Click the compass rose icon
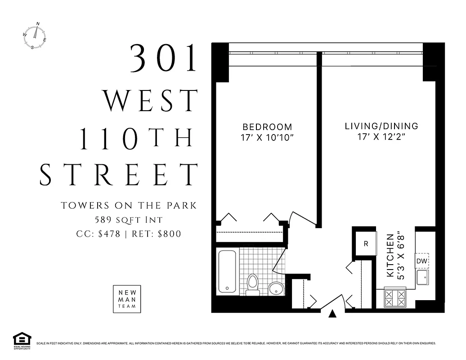(35, 36)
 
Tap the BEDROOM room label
(267, 127)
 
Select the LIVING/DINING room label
(381, 126)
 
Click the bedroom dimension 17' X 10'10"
(267, 137)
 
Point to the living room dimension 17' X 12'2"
(381, 137)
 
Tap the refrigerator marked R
(366, 244)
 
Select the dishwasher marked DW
(421, 261)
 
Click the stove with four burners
(394, 297)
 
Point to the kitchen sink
(422, 278)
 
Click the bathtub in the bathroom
(227, 271)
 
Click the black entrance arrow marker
(332, 314)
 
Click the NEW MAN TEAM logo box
(127, 299)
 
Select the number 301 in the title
(164, 58)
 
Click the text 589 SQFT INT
(129, 220)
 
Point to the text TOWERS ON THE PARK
(129, 206)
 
